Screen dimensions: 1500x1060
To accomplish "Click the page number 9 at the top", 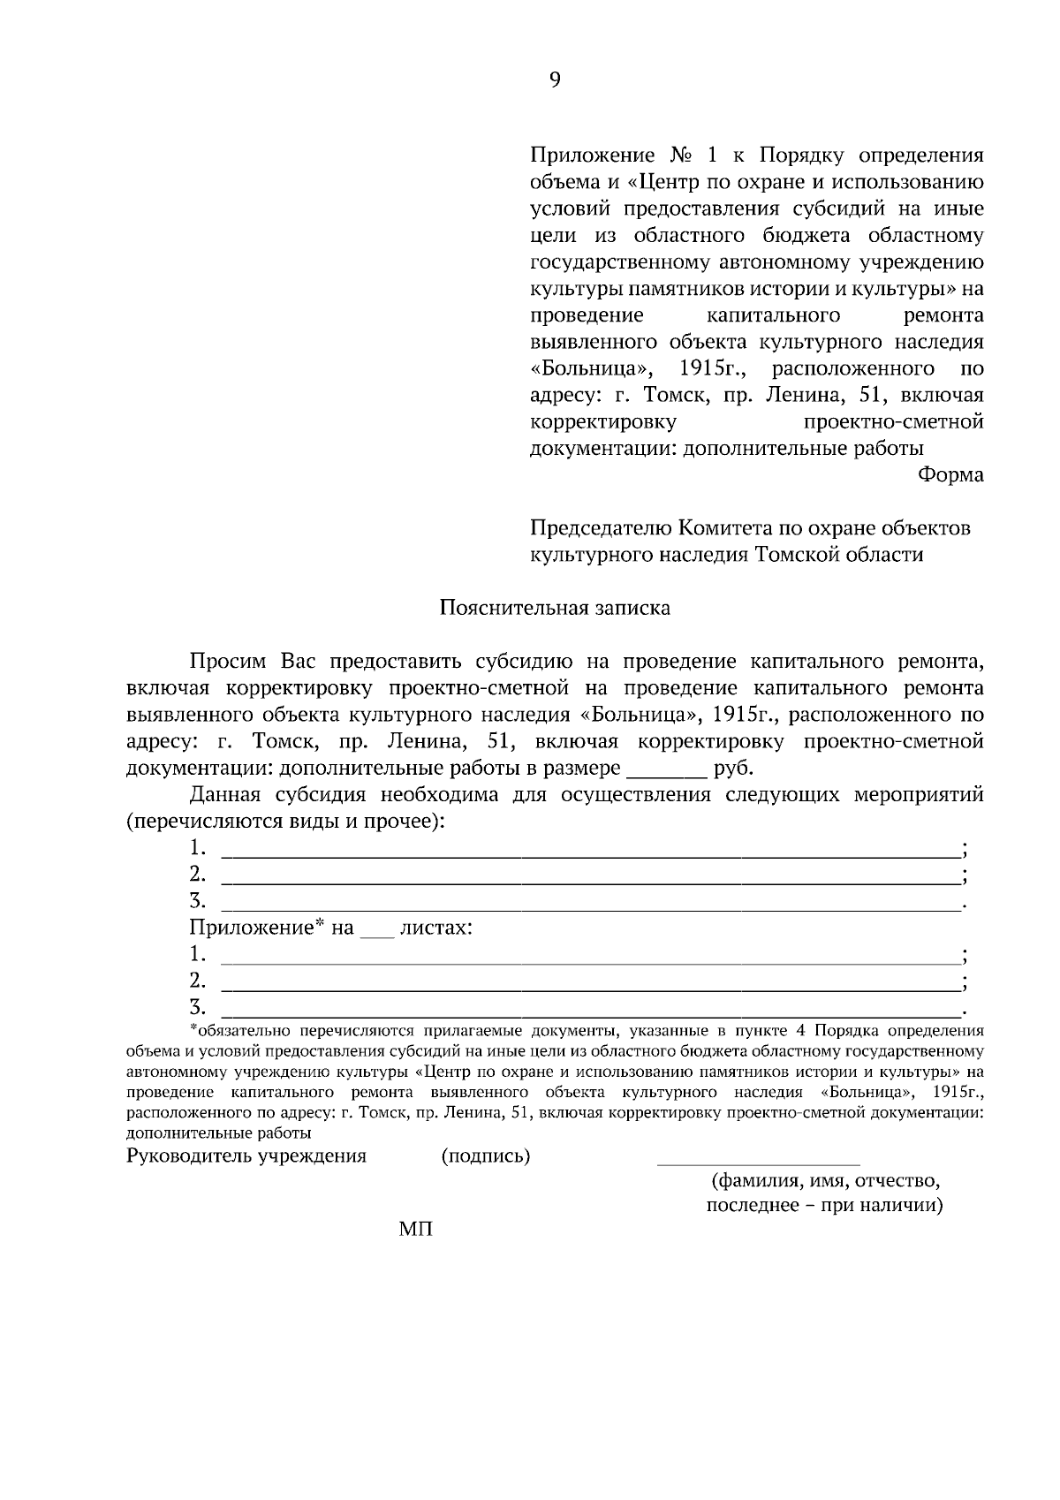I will pos(555,80).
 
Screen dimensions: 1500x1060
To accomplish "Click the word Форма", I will pos(950,475).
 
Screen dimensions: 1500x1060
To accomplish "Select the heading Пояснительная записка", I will pos(555,608).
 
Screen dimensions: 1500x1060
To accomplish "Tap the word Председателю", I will pos(601,528).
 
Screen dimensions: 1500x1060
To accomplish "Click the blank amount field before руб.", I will pos(666,767).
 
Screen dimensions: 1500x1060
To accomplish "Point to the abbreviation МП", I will pos(415,1230).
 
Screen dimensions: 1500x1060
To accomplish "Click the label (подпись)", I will pos(485,1156).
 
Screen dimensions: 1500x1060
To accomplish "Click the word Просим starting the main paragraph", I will pos(228,662).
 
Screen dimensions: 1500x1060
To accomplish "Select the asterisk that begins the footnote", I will pos(193,1030).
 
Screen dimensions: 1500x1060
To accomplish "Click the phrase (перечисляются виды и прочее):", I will pos(285,822).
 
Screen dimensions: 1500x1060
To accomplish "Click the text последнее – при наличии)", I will pos(824,1206).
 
